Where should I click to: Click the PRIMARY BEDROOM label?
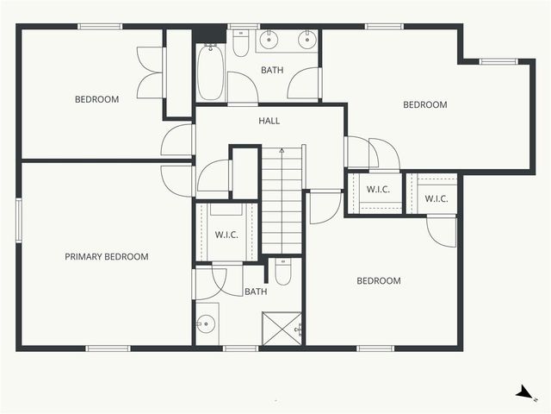[x=107, y=256]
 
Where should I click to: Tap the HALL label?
[x=269, y=121]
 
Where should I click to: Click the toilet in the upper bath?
[x=241, y=43]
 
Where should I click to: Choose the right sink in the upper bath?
[x=306, y=40]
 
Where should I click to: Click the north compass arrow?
[x=523, y=392]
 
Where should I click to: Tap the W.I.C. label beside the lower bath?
[x=226, y=234]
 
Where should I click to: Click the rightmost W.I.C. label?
[x=436, y=199]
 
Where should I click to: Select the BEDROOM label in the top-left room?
[x=96, y=99]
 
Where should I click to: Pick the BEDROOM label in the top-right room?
[x=425, y=104]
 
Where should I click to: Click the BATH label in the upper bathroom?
[x=273, y=69]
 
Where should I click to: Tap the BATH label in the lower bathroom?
[x=256, y=292]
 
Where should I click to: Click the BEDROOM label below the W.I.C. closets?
[x=379, y=280]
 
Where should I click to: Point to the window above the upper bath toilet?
[x=241, y=26]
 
